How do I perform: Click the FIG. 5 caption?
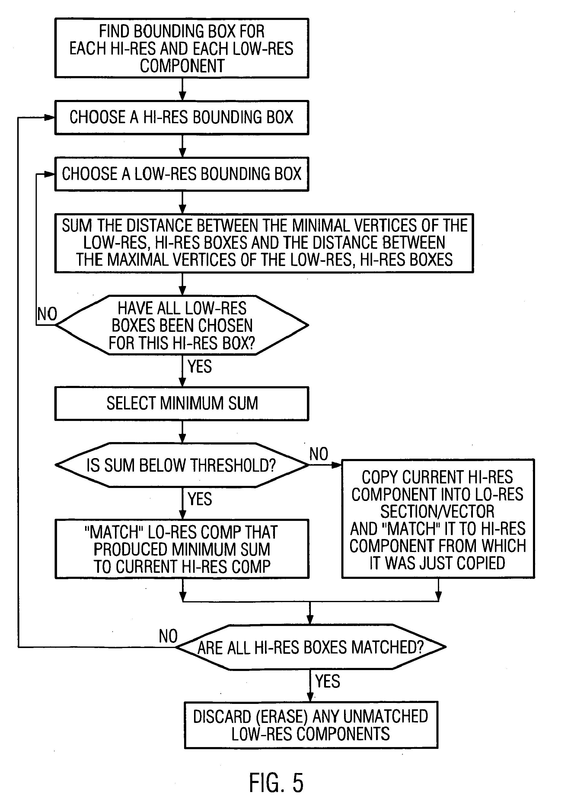pos(276,783)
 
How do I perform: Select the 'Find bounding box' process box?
pos(182,48)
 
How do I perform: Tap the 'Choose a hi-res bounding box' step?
pos(182,117)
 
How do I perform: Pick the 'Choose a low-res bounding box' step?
pos(182,174)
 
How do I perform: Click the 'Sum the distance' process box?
pos(264,243)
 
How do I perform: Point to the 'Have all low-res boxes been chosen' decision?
pos(182,325)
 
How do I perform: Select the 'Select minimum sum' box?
pos(182,403)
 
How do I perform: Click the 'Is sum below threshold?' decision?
pos(182,465)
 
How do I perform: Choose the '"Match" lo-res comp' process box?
pos(182,549)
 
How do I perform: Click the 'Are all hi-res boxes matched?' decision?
pos(310,647)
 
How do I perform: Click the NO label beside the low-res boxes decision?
pos(47,313)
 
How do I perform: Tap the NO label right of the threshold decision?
pos(319,454)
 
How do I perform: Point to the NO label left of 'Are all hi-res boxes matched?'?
pos(168,636)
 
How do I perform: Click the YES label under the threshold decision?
pos(200,499)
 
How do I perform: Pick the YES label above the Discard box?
pos(327,681)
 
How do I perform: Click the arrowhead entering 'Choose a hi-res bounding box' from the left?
pos(50,118)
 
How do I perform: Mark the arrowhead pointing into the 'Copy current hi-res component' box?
pos(337,465)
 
